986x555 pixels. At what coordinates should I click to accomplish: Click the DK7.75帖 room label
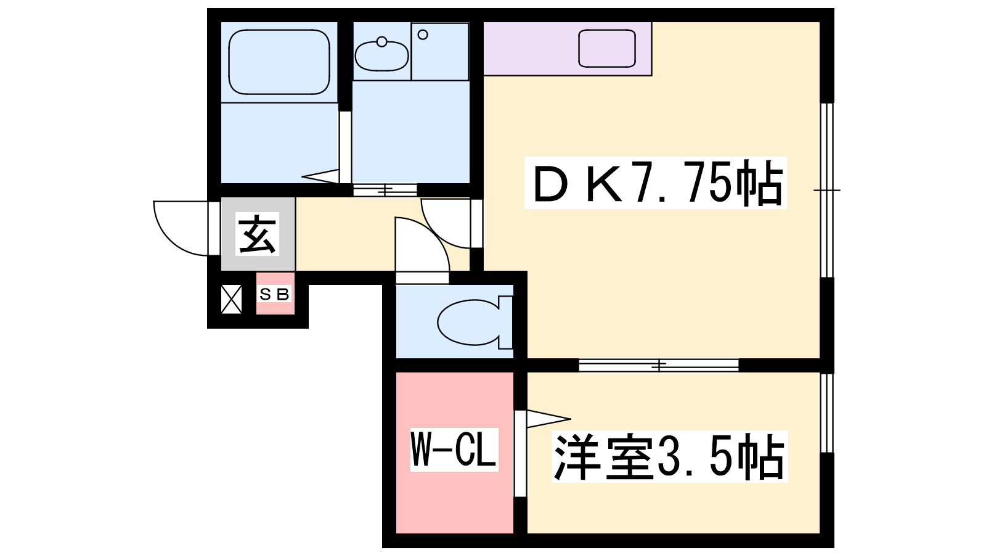point(656,183)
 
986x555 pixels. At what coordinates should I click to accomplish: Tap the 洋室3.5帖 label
point(669,457)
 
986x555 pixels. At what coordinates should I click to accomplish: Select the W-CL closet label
point(454,450)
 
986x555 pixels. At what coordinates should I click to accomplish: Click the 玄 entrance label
point(257,234)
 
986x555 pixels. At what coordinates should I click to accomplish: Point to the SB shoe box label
point(274,294)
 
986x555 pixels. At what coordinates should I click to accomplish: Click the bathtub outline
point(279,62)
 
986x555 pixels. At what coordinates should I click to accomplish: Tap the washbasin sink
point(381,55)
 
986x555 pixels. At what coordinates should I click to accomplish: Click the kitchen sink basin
point(607,49)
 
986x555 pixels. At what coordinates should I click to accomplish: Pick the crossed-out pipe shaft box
point(231,300)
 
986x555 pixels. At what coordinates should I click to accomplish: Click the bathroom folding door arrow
point(320,176)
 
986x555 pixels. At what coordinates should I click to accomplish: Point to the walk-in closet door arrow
point(548,419)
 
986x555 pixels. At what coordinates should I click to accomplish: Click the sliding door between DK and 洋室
point(659,365)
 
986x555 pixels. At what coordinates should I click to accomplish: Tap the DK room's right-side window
point(827,191)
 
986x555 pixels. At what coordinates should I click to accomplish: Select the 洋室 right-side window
point(827,413)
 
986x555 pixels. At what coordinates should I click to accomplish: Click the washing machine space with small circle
point(440,52)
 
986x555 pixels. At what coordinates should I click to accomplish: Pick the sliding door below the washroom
point(385,191)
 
